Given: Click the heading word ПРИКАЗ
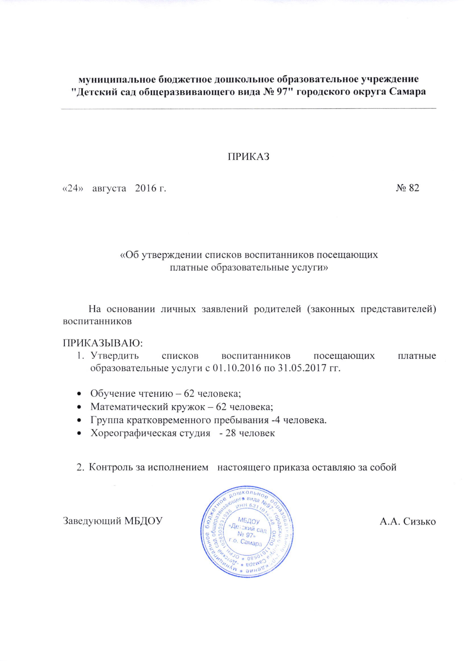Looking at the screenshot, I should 249,157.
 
